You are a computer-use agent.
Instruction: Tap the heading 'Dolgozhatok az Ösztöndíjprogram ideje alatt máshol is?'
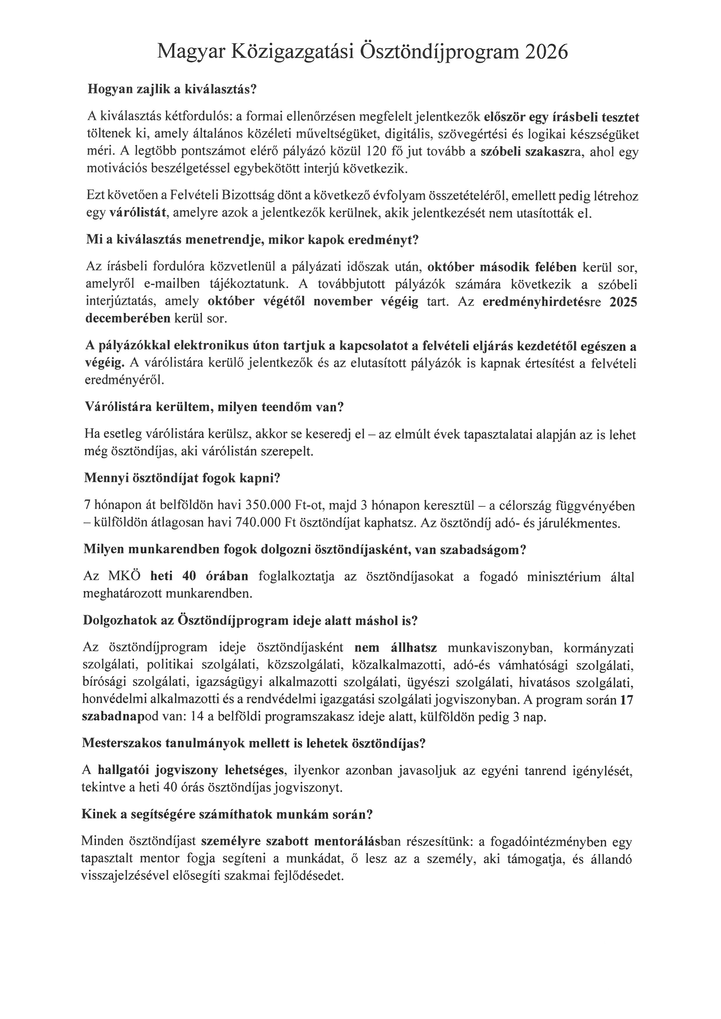point(250,620)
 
